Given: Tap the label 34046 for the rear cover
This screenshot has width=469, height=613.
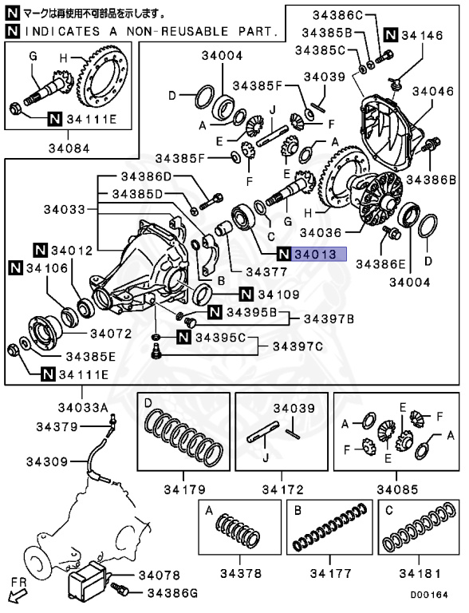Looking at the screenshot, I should pyautogui.click(x=434, y=92).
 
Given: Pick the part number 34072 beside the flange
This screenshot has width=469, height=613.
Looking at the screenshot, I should pyautogui.click(x=111, y=333).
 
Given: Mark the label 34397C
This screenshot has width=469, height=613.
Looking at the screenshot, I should pyautogui.click(x=298, y=346).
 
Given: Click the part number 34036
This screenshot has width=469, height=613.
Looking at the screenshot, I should pyautogui.click(x=321, y=232).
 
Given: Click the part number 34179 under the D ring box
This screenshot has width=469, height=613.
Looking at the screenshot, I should pyautogui.click(x=183, y=488).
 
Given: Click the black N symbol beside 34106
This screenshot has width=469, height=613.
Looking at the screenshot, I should pyautogui.click(x=16, y=269).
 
